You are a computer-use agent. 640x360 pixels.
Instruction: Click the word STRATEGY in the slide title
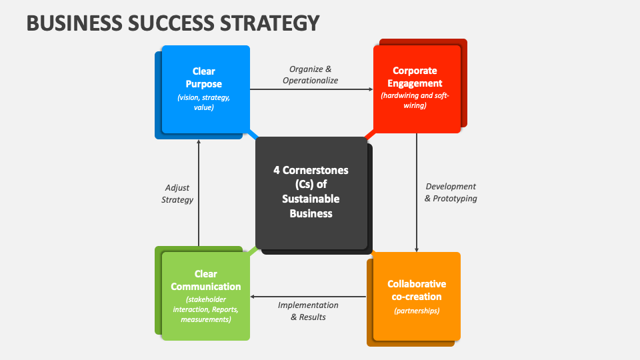pos(270,23)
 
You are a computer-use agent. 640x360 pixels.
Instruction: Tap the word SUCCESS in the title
pos(171,23)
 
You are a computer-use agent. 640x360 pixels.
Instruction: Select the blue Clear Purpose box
pos(206,89)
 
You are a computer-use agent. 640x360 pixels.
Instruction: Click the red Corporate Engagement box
pos(417,89)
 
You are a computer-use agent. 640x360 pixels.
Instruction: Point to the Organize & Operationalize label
pos(310,75)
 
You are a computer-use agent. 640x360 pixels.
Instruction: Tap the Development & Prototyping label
pos(451,192)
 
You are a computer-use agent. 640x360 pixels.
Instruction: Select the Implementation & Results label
pos(308,311)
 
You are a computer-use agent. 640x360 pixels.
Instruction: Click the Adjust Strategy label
pos(177,194)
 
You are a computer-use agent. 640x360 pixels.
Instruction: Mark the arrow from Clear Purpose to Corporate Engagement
pos(311,89)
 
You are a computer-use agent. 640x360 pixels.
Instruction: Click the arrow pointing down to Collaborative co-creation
pos(417,193)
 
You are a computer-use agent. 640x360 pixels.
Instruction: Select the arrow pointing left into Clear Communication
pos(308,297)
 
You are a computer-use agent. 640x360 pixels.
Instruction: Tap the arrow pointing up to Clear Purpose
pos(199,193)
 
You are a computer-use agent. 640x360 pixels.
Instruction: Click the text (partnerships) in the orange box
pos(417,311)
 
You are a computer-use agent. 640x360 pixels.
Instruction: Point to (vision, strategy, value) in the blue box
pos(204,103)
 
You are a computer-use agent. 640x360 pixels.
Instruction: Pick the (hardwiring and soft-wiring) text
pos(415,101)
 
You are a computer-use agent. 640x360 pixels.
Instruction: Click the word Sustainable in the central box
pos(311,199)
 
